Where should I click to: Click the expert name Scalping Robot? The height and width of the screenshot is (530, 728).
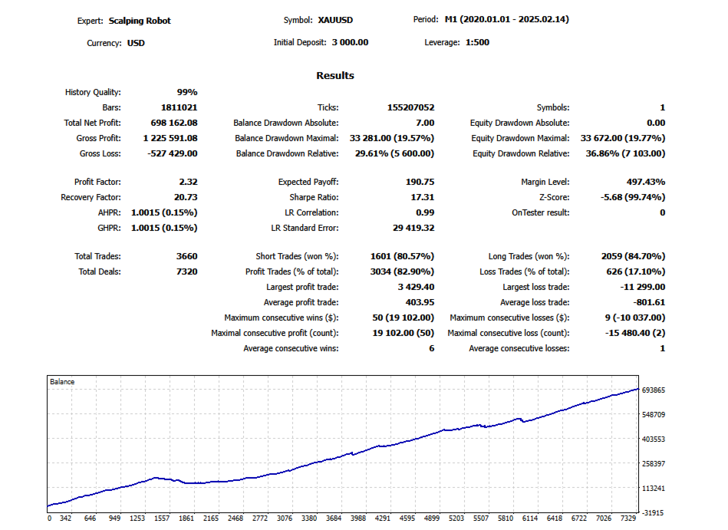coord(140,21)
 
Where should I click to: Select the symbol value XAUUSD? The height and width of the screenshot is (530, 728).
coord(335,20)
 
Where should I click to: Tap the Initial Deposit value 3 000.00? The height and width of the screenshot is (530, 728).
coord(350,42)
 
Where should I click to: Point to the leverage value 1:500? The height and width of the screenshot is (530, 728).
coord(477,42)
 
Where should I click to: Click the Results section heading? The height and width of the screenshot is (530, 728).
coord(335,76)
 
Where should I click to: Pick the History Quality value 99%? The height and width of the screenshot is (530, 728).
coord(187,92)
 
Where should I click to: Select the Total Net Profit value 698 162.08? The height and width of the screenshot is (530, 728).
coord(174,123)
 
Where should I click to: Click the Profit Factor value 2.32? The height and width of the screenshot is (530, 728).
coord(188,182)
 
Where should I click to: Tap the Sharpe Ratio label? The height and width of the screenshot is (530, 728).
coord(314,197)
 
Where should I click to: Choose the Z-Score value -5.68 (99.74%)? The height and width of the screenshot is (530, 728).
coord(633,197)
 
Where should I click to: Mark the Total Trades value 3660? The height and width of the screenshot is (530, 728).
coord(186,256)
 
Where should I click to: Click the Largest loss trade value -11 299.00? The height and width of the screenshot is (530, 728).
coord(643,287)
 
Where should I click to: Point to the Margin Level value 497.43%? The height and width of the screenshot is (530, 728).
coord(646,182)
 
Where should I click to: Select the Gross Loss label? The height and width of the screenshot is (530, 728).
coord(100,153)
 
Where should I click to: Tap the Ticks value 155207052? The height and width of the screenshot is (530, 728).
coord(411,107)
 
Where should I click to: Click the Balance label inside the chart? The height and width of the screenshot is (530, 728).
coord(62,381)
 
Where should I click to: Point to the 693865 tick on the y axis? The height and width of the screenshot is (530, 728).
coord(654,390)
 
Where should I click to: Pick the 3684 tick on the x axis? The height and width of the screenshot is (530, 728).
coord(334,518)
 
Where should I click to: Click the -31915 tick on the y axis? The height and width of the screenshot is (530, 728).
coord(652,513)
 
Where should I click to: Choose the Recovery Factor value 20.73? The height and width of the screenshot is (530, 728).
coord(186,197)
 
